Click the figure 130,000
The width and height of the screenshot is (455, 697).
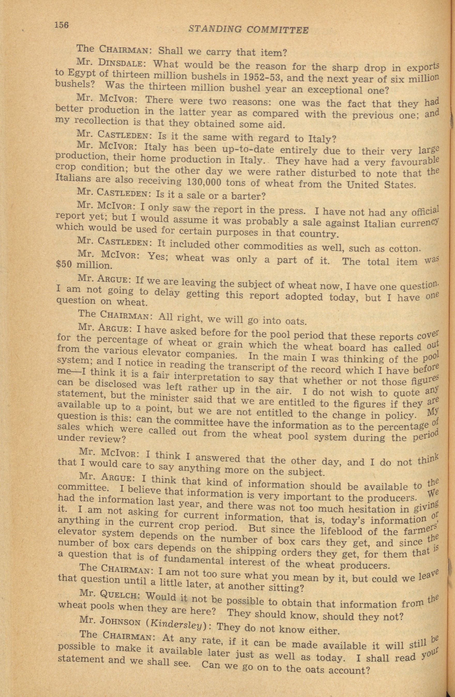[x=204, y=182]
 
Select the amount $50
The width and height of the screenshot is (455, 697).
[x=65, y=265]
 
